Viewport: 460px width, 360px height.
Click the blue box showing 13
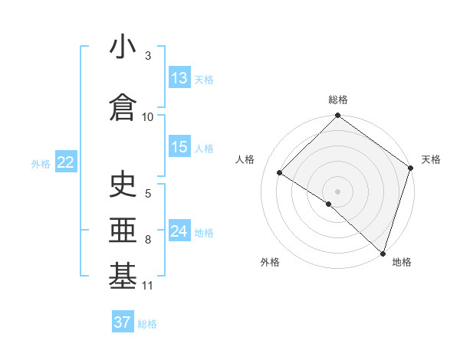click(x=179, y=78)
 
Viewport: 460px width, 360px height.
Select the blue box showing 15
click(x=179, y=148)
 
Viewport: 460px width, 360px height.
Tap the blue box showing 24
click(x=179, y=231)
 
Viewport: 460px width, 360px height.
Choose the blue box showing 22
click(x=65, y=162)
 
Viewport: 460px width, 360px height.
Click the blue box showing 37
click(x=123, y=322)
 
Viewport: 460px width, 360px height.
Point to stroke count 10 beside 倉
click(x=148, y=116)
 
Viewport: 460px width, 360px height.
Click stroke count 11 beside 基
click(x=148, y=286)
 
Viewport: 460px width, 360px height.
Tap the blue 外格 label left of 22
click(x=41, y=163)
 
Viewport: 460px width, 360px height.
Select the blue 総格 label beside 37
click(x=147, y=323)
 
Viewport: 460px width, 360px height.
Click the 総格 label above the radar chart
click(x=337, y=100)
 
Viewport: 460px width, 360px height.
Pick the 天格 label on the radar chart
click(x=432, y=159)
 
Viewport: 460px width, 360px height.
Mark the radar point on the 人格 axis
click(x=280, y=173)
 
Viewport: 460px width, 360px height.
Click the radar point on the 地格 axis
click(x=383, y=253)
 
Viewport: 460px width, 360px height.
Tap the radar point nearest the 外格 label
click(x=329, y=204)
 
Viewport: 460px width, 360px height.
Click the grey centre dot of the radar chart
click(x=337, y=191)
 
